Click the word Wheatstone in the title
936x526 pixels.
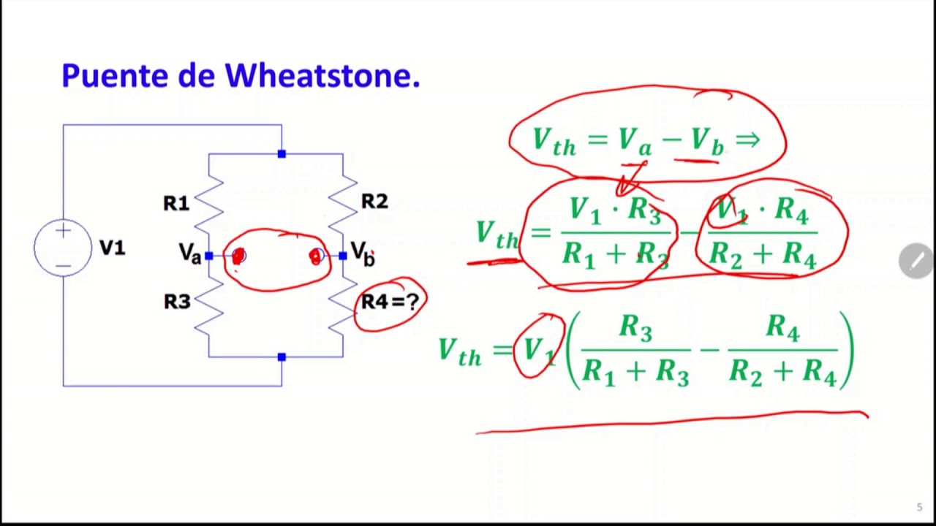click(322, 76)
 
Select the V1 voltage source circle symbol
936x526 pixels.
click(63, 248)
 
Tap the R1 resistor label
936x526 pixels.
click(176, 204)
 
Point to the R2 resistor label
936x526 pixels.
click(374, 202)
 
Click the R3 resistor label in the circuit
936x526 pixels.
click(177, 302)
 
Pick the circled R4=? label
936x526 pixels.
click(390, 302)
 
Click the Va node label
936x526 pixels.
click(189, 254)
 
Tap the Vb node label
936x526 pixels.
click(363, 253)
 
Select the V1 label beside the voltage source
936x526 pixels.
click(112, 248)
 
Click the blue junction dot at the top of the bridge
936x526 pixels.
click(282, 154)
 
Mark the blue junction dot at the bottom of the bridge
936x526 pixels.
click(282, 357)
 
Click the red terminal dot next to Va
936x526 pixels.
click(238, 256)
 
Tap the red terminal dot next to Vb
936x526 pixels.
click(316, 256)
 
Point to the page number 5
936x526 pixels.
click(919, 507)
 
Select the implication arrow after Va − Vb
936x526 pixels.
click(748, 139)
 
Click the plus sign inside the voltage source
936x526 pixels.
click(63, 232)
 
